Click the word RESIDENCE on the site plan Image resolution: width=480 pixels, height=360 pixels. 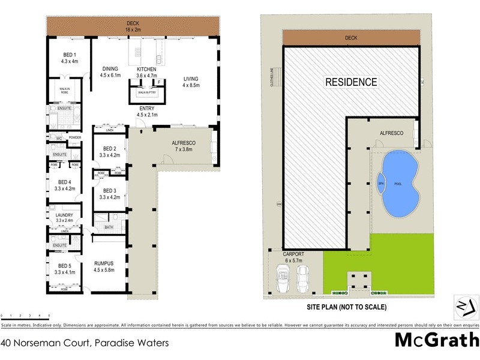(352, 82)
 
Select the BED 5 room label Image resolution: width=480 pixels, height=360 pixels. (64, 268)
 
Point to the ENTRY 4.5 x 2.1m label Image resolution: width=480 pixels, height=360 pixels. (146, 111)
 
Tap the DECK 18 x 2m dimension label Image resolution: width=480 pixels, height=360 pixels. (133, 26)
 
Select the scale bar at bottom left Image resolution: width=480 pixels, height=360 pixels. (25, 315)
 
